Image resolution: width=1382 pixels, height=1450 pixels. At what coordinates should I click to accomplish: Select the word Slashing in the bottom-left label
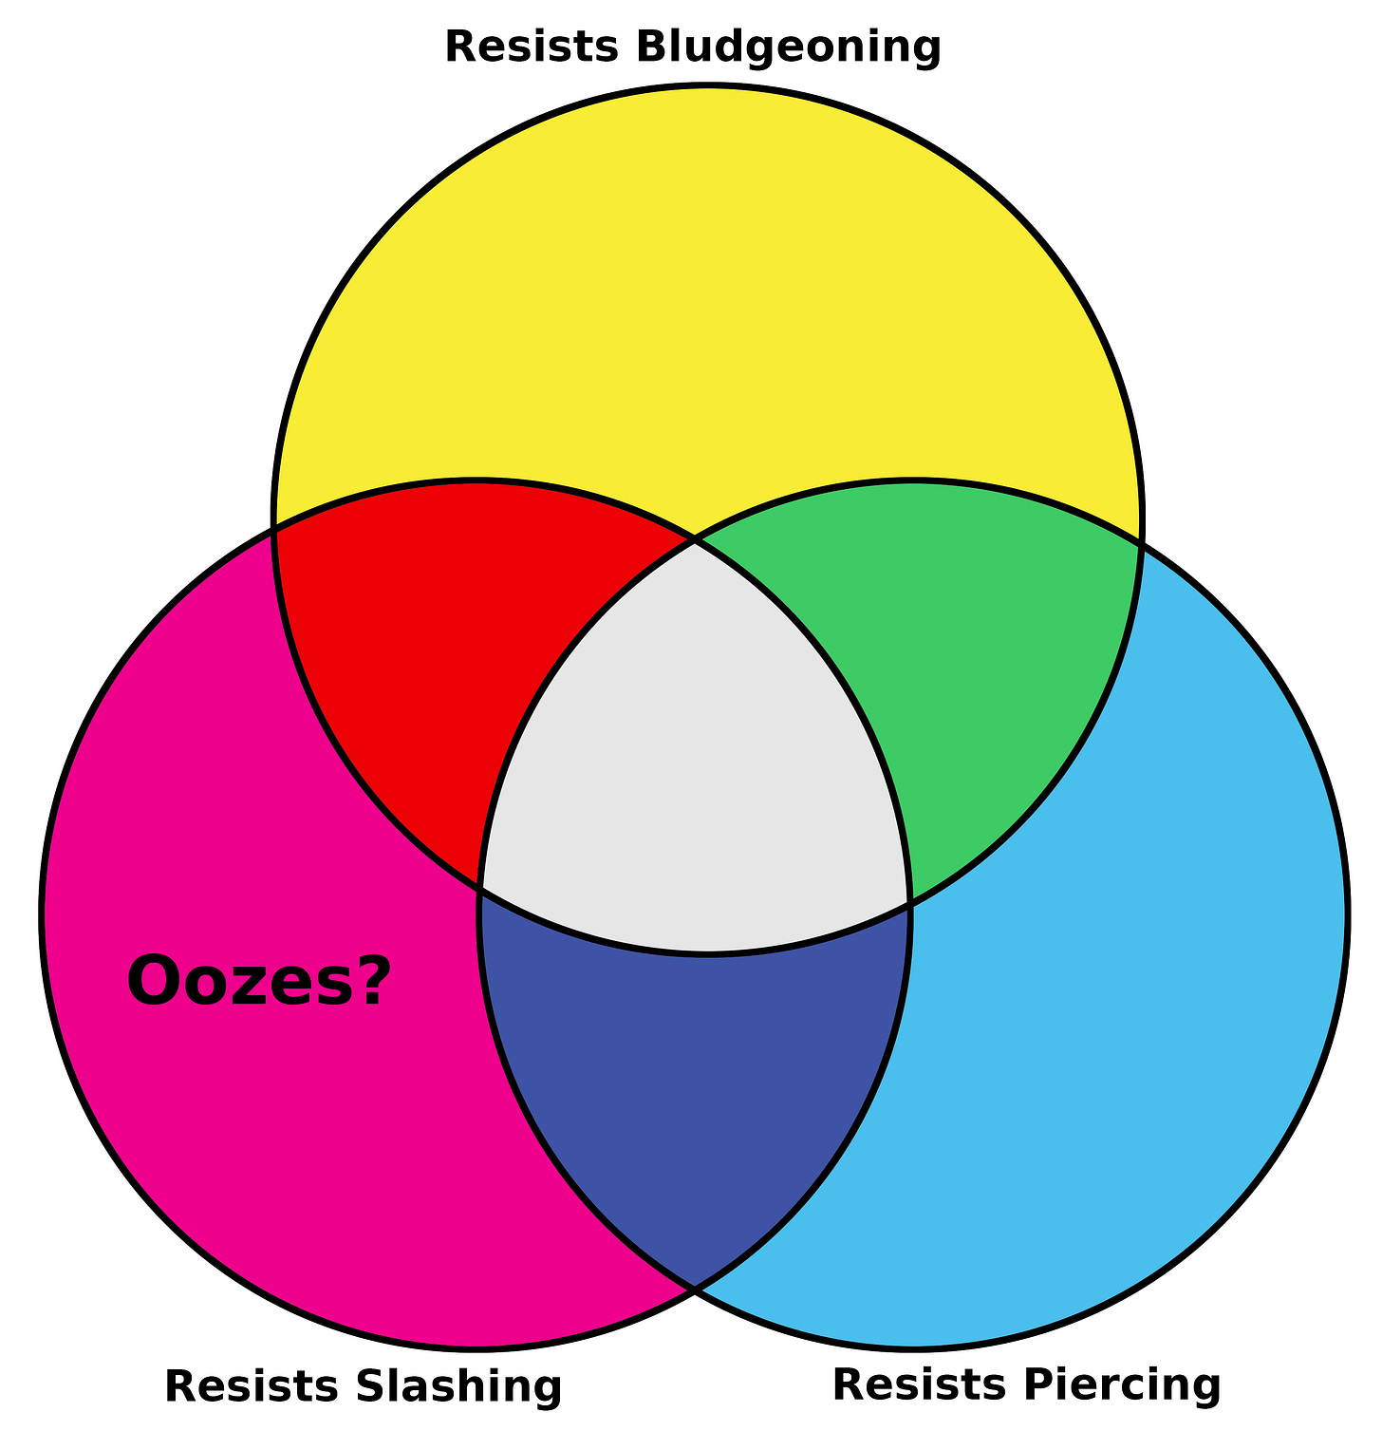point(459,1386)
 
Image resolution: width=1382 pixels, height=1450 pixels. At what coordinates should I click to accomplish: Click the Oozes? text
point(258,982)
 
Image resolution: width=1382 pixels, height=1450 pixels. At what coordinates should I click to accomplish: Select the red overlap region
point(446,646)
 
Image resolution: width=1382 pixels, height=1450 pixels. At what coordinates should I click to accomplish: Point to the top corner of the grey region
point(696,542)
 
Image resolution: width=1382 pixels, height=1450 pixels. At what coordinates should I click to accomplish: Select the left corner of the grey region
point(481,890)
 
